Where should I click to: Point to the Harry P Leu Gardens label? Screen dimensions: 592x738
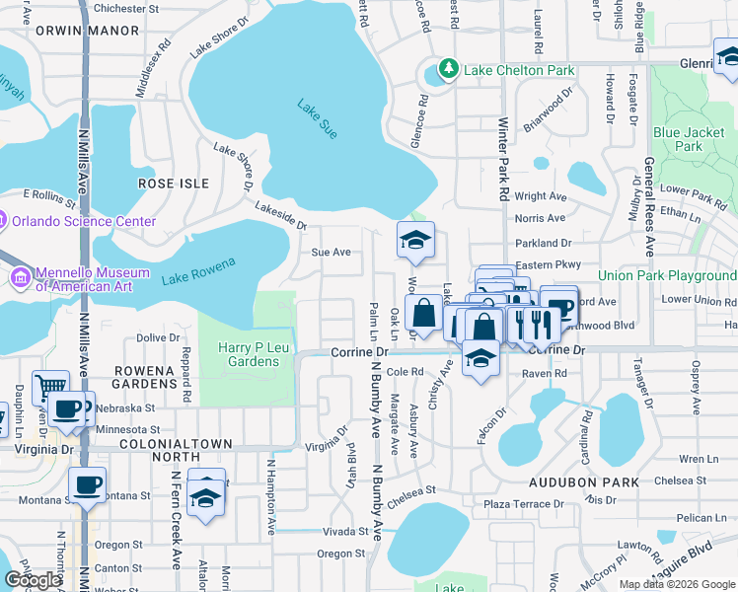(x=249, y=354)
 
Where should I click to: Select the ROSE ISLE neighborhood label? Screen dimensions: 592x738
(x=174, y=184)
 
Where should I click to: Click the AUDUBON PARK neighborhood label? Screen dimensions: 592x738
(x=583, y=482)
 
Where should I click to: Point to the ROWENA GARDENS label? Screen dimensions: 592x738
(x=144, y=378)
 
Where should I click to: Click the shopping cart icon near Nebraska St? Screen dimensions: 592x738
(x=49, y=386)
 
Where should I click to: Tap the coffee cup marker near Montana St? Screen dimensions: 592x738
(x=87, y=484)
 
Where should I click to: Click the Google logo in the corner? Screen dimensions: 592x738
(x=33, y=580)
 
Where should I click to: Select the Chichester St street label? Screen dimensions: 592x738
(x=125, y=8)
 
